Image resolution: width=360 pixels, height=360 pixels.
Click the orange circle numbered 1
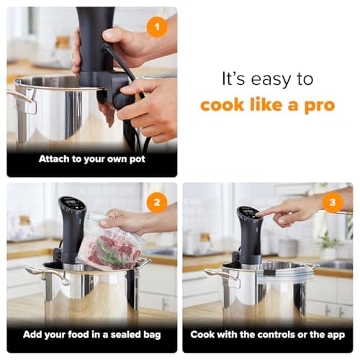pos(156,27)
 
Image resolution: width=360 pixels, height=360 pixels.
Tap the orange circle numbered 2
pos(156,202)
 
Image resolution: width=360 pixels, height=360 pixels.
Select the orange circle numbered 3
pos(332,202)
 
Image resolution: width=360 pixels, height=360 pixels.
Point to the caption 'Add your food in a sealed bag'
pos(91,334)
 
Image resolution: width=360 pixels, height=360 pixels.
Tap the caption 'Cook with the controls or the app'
pos(267,334)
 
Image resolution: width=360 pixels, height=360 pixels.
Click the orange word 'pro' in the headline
pos(318,105)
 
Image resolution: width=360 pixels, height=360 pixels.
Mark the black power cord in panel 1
pos(130,79)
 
